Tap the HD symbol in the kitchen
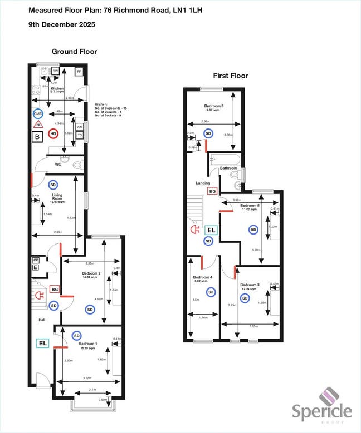(x=53, y=133)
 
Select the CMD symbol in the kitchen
(x=38, y=114)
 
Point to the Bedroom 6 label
(x=213, y=106)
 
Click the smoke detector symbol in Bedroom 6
(x=208, y=133)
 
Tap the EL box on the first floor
(x=212, y=230)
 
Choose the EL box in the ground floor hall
(x=42, y=344)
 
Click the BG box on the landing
(x=212, y=191)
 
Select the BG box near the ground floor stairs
(x=55, y=289)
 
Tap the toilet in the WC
(x=77, y=164)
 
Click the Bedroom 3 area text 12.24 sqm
(x=248, y=290)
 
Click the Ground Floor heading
(x=74, y=52)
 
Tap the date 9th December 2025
(x=61, y=24)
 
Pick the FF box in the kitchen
(x=79, y=72)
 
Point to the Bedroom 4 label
(x=203, y=277)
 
